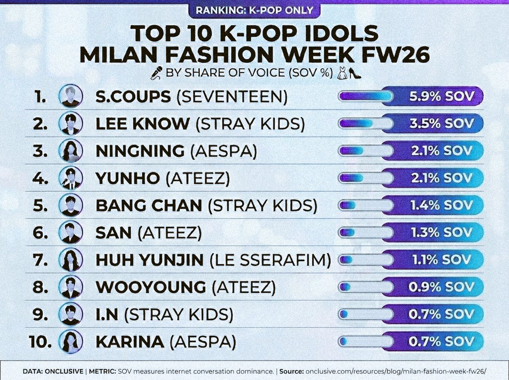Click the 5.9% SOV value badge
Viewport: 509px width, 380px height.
[x=441, y=96]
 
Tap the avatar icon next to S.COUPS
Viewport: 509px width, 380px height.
[x=71, y=96]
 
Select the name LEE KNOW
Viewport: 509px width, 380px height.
[x=142, y=124]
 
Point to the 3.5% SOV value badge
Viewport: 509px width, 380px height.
[x=441, y=123]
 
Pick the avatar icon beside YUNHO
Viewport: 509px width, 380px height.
[x=71, y=178]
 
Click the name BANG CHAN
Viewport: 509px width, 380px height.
[x=149, y=205]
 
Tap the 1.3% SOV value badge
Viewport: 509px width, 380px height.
[x=441, y=232]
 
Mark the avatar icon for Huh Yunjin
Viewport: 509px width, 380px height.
[x=71, y=260]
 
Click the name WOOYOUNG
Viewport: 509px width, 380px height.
[x=151, y=287]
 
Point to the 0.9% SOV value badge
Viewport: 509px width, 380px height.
[x=441, y=287]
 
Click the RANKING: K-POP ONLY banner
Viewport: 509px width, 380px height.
[x=254, y=9]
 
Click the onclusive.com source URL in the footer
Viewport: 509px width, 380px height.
[x=396, y=372]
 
